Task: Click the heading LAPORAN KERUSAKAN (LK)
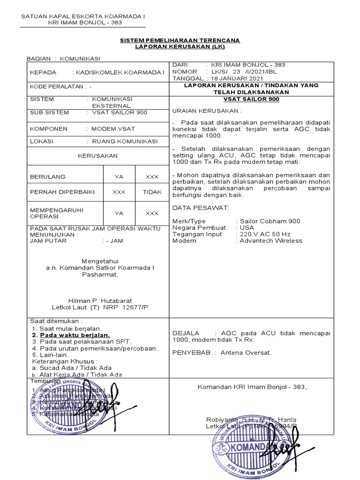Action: pyautogui.click(x=180, y=47)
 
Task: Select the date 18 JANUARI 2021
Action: pyautogui.click(x=237, y=78)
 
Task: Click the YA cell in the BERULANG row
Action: pyautogui.click(x=119, y=177)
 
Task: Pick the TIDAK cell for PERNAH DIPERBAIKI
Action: pyautogui.click(x=152, y=192)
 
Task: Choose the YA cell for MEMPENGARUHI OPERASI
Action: pyautogui.click(x=119, y=213)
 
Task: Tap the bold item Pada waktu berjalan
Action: pyautogui.click(x=75, y=335)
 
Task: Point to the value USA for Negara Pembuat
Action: pyautogui.click(x=247, y=227)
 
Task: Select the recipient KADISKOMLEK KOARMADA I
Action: pyautogui.click(x=118, y=73)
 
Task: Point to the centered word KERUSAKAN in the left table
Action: pyautogui.click(x=98, y=156)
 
